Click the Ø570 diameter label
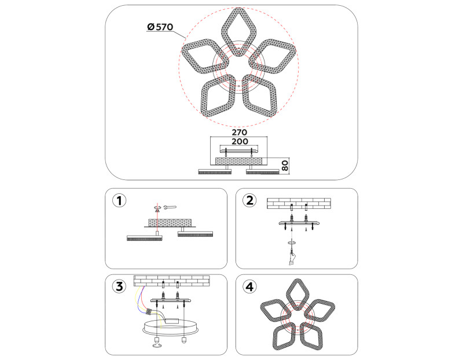coord(160,27)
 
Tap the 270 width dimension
coord(239,132)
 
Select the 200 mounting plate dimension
coord(240,141)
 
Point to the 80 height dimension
coord(285,166)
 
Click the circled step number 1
coord(119,200)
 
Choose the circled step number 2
coord(249,200)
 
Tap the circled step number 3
coord(119,286)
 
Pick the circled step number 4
coord(249,286)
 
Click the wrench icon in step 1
coord(170,207)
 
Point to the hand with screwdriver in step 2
coord(292,256)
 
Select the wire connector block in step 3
coord(149,311)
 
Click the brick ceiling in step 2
coord(299,204)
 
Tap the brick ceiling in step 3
coord(171,281)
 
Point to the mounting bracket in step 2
coord(299,222)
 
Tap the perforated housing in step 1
coord(170,223)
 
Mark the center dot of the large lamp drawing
coord(238,86)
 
